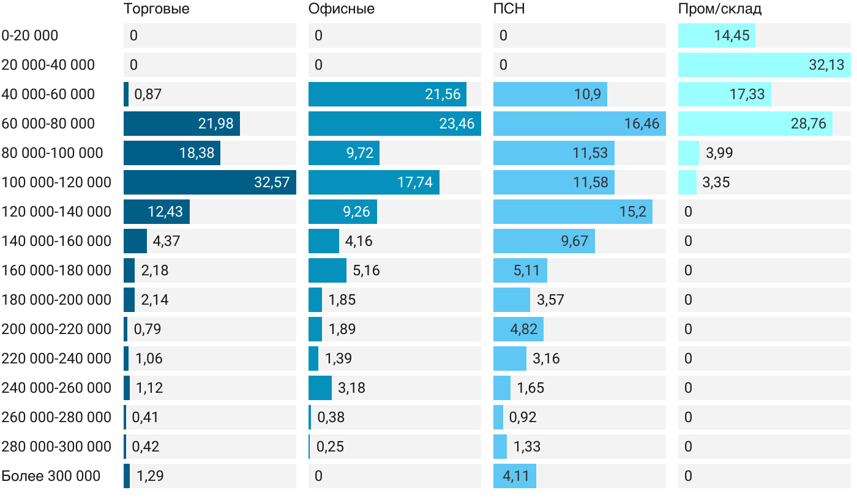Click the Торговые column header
[156, 9]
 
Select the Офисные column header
[341, 9]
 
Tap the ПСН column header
[509, 9]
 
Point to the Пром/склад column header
[719, 9]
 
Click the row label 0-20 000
[30, 35]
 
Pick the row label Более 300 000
[51, 476]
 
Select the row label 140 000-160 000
[56, 241]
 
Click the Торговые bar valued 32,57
[209, 182]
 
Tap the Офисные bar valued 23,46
[394, 124]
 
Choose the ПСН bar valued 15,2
[572, 212]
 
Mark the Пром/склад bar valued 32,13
[764, 65]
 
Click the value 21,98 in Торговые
[215, 124]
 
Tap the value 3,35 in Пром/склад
[716, 182]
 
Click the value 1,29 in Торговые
[149, 476]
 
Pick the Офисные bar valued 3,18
[320, 388]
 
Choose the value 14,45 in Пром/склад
[732, 35]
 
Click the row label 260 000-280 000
[56, 417]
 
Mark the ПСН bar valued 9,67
[544, 241]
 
